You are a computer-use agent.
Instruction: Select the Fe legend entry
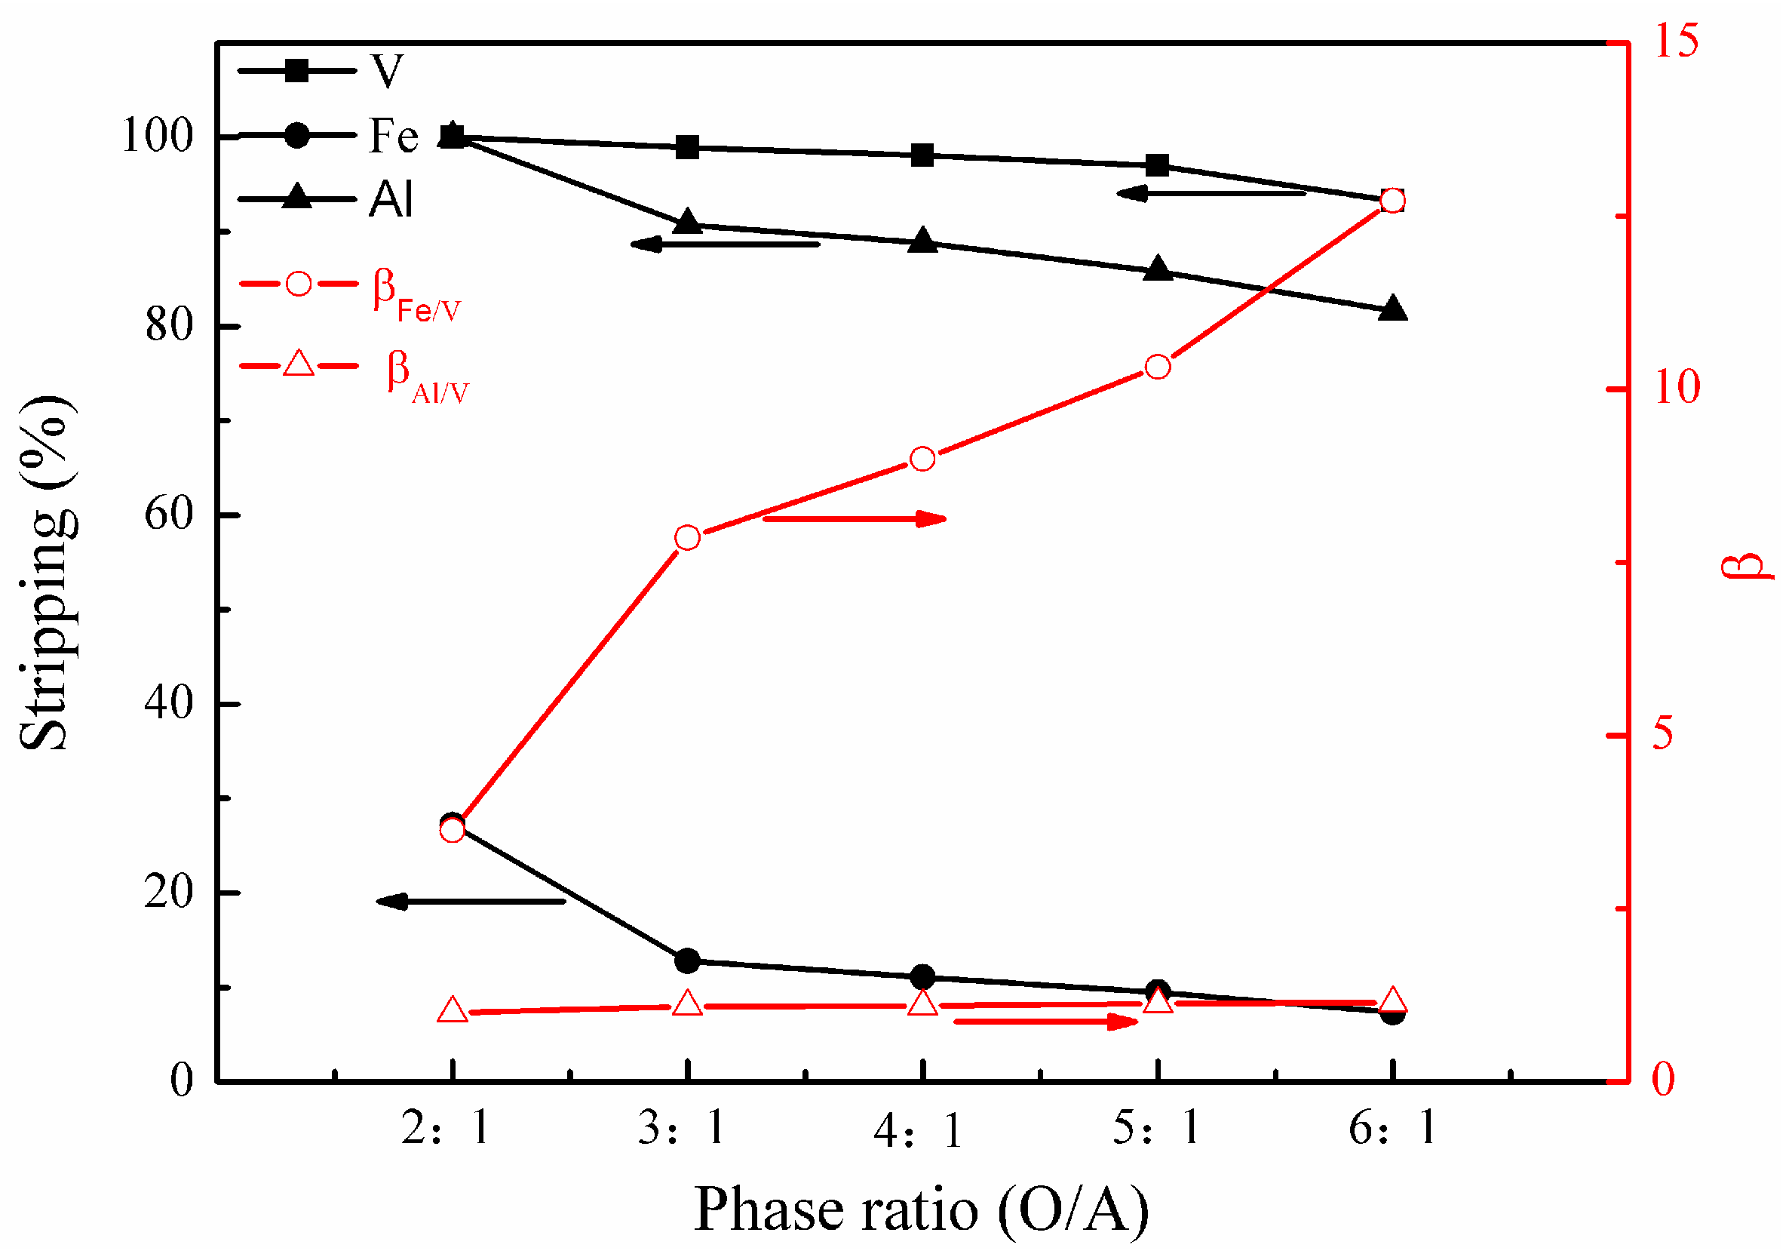click(327, 136)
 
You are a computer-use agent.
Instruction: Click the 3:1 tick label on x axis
click(683, 1128)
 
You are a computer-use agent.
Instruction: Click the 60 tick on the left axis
click(168, 515)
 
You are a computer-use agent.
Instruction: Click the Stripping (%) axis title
click(48, 573)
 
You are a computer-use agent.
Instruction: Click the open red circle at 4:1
click(923, 459)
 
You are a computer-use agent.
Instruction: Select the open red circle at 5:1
click(1158, 367)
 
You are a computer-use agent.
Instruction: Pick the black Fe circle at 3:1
click(687, 961)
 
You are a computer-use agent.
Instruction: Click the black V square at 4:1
click(923, 155)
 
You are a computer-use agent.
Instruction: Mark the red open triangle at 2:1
click(453, 1011)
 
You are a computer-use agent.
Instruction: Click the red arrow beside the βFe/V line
click(855, 519)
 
